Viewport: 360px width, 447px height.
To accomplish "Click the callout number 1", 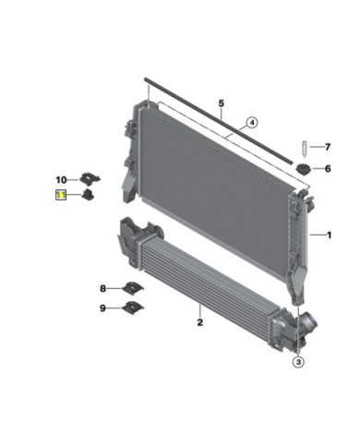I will pos(325,236).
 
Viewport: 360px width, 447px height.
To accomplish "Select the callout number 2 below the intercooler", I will pos(198,322).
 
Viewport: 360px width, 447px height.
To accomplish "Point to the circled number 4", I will pos(251,121).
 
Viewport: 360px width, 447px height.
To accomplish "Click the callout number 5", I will pos(221,103).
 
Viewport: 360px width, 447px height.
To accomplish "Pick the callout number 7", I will pos(326,146).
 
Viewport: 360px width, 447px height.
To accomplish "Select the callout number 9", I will pos(103,308).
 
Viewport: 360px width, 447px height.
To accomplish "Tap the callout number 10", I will pos(60,179).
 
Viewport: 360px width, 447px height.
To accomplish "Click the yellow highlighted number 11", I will pos(61,195).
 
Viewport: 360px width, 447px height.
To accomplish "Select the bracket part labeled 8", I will pos(133,289).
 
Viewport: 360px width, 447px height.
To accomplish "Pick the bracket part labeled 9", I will pos(135,308).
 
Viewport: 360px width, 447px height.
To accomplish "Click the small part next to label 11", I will pos(87,195).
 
